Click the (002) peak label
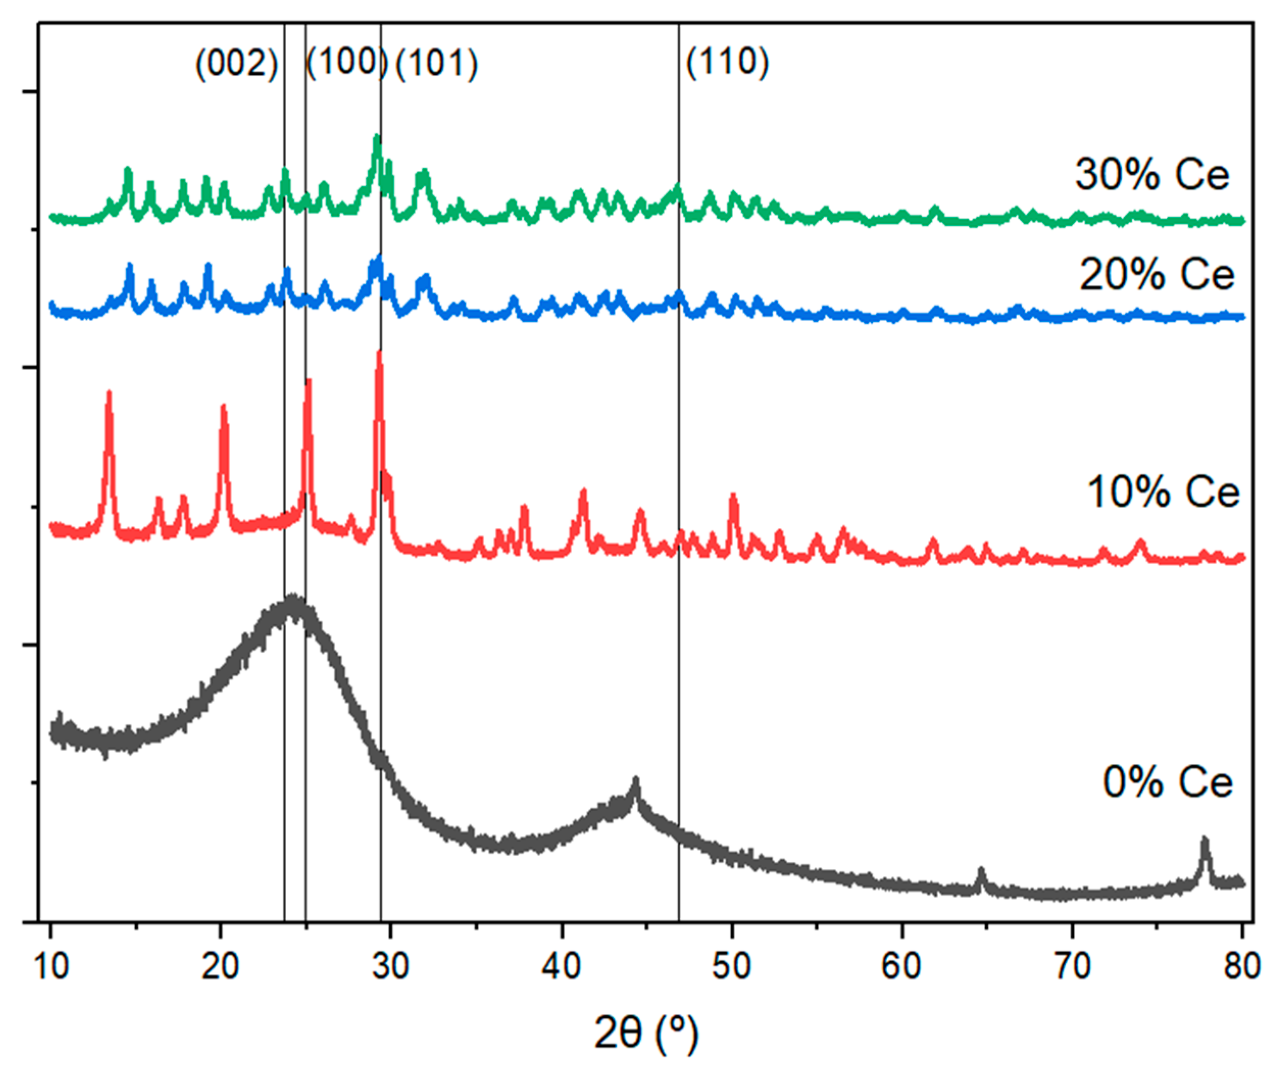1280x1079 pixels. (237, 64)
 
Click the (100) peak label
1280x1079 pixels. (346, 62)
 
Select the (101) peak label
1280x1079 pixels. (437, 64)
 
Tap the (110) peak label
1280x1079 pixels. (727, 62)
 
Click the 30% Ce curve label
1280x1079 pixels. (1152, 175)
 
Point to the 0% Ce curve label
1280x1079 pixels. (1167, 782)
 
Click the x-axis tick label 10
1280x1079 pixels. (51, 967)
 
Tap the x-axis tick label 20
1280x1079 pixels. (220, 967)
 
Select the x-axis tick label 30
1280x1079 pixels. (390, 967)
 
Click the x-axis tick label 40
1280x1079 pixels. (561, 967)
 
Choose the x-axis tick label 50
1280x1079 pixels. (731, 967)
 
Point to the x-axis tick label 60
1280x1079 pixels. (902, 967)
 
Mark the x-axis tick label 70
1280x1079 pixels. (1072, 967)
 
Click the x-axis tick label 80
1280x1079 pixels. (1242, 967)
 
